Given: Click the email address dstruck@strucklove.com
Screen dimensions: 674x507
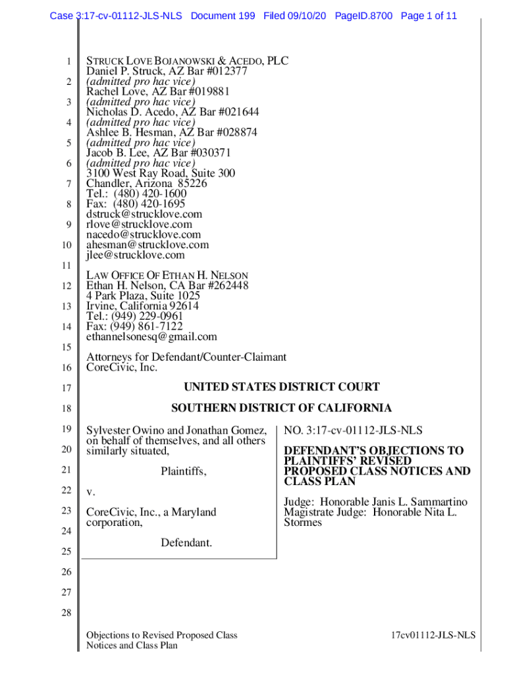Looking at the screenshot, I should (144, 214).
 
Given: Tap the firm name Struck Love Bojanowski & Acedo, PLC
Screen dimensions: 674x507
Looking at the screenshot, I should (187, 61).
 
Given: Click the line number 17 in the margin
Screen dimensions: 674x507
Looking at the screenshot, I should (66, 388).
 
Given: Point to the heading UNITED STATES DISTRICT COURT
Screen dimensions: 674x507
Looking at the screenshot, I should (281, 387).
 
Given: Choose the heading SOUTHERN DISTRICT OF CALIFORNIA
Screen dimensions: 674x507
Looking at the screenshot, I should (281, 408).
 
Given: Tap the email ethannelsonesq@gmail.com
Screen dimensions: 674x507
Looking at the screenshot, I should (151, 336).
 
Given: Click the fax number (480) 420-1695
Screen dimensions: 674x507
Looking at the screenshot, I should (149, 204).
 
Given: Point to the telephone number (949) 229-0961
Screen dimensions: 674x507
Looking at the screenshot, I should (148, 316).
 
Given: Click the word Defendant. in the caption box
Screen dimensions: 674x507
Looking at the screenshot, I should (186, 543).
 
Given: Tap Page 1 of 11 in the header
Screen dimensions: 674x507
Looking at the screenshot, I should (429, 16).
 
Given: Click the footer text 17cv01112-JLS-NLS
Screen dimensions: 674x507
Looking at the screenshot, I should (433, 635).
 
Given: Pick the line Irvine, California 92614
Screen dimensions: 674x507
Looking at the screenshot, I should (142, 306).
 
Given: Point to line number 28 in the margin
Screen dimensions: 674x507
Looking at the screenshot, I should (66, 613).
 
